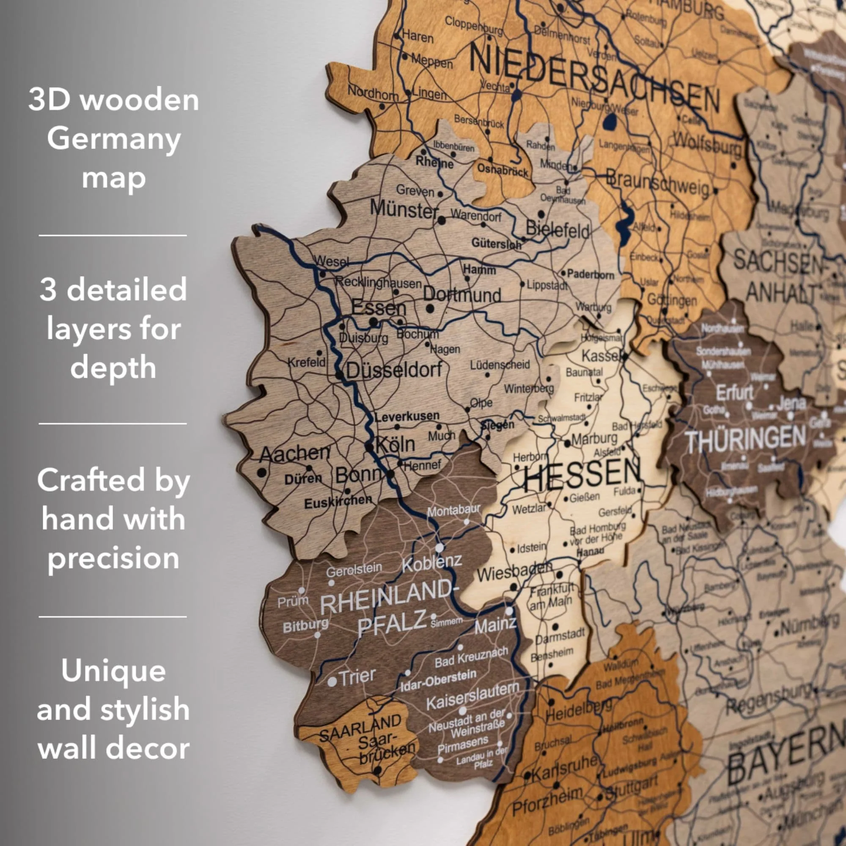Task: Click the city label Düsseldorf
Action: tap(394, 371)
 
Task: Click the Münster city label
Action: tap(404, 209)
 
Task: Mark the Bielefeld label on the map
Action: tap(558, 229)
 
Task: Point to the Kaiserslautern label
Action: tap(473, 696)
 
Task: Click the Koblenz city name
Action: tap(432, 563)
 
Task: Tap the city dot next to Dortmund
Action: tap(430, 309)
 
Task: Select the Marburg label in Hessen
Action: tap(594, 438)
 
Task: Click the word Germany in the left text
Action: tap(114, 139)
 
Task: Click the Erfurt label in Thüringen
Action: tap(734, 393)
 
